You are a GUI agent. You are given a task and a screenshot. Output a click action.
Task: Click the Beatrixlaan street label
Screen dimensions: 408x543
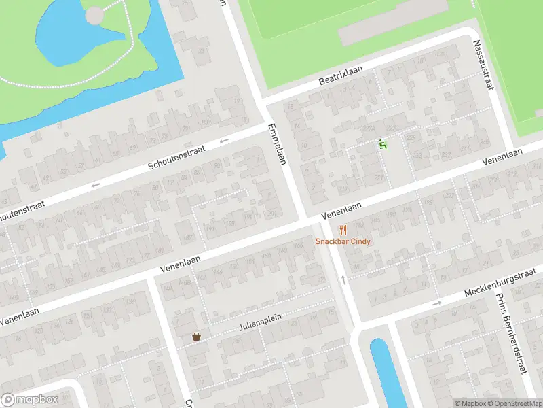tap(341, 75)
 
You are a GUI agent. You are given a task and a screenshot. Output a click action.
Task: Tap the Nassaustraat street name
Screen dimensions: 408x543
tap(486, 65)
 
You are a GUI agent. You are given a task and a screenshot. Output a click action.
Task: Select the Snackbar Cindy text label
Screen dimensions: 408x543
tap(343, 241)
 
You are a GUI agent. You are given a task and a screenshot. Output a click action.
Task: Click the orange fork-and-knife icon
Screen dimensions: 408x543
tap(343, 229)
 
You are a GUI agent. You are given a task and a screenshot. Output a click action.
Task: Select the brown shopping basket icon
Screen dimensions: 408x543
tap(197, 336)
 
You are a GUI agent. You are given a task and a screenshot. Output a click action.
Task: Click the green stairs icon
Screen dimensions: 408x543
tap(383, 144)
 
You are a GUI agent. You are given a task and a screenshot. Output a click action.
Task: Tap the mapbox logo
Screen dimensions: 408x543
tap(29, 400)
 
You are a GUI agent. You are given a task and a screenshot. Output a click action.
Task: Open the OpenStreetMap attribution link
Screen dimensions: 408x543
tap(517, 403)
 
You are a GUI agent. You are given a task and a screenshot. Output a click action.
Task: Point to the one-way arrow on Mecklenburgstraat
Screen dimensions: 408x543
tap(436, 303)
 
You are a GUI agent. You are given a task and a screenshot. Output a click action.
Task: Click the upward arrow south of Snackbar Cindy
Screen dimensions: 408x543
tap(343, 279)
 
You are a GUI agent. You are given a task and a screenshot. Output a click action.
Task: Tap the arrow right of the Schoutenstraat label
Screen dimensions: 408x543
tap(224, 141)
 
